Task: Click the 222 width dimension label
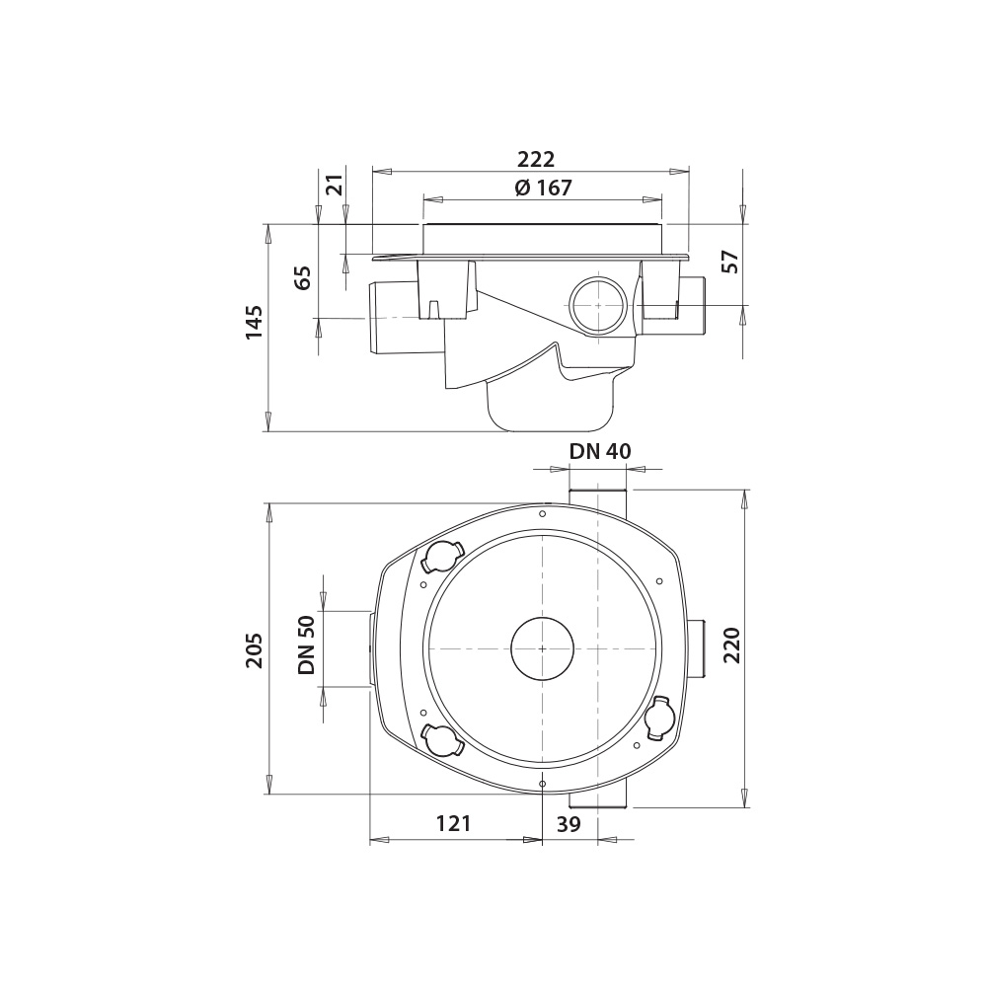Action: pos(536,159)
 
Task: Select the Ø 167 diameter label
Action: pos(543,188)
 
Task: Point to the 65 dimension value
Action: pos(304,277)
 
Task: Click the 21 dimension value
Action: pos(335,185)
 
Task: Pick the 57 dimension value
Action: pos(730,262)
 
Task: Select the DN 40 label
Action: pos(600,451)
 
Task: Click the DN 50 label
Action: pos(306,646)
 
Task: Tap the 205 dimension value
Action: pos(255,649)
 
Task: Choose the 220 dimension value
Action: pos(730,646)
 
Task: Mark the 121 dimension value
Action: pos(454,823)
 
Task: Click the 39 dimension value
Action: pos(569,823)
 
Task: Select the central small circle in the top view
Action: pos(542,648)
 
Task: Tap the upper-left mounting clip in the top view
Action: pos(441,558)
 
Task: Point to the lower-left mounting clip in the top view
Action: pos(441,737)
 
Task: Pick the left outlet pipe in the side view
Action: pos(392,317)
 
